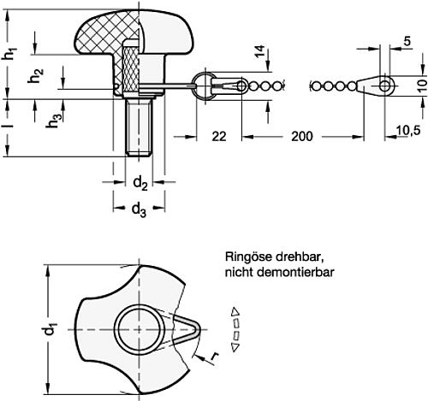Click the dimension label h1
point(9,52)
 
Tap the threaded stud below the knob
point(140,127)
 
